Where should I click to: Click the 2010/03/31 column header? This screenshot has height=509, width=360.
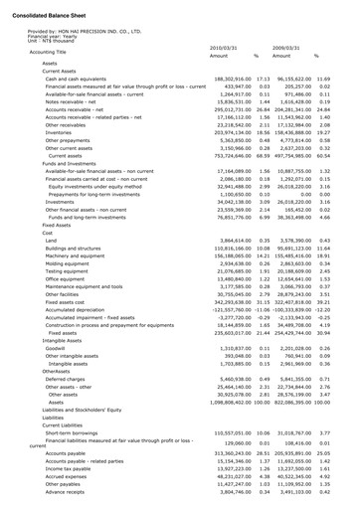224,47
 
